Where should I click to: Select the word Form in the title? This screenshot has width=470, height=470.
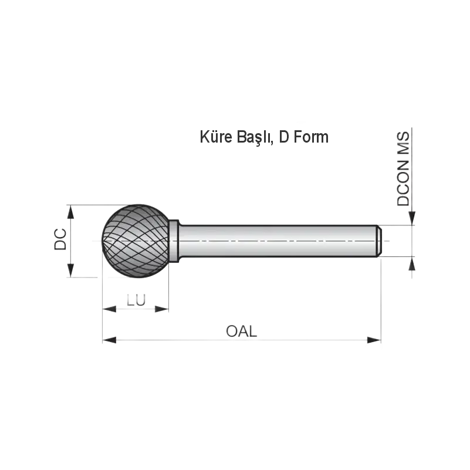pyautogui.click(x=311, y=137)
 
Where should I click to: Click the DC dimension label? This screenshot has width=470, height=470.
pyautogui.click(x=60, y=239)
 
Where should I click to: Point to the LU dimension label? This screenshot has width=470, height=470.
pyautogui.click(x=136, y=300)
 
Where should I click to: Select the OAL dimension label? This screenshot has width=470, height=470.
pyautogui.click(x=241, y=332)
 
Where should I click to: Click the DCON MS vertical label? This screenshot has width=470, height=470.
pyautogui.click(x=403, y=169)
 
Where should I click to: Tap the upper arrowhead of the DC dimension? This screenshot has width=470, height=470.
pyautogui.click(x=70, y=212)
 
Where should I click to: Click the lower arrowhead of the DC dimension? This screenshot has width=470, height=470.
pyautogui.click(x=70, y=270)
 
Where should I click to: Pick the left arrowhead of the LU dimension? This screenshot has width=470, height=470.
pyautogui.click(x=109, y=309)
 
